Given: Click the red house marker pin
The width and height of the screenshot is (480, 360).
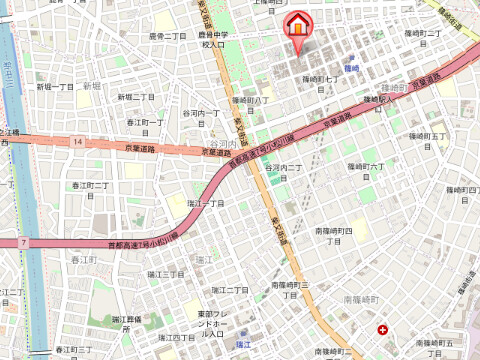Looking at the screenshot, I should pyautogui.click(x=297, y=28).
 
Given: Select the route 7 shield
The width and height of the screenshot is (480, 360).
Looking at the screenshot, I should pyautogui.click(x=21, y=241).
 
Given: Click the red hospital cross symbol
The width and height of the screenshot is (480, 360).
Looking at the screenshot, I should pyautogui.click(x=384, y=329).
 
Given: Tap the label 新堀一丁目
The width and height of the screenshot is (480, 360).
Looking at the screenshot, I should pyautogui.click(x=55, y=87).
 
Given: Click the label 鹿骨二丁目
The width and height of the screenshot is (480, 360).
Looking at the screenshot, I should pyautogui.click(x=167, y=35).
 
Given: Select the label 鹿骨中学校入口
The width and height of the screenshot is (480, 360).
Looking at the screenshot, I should pyautogui.click(x=213, y=40).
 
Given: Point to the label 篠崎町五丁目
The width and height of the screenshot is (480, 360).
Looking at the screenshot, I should pyautogui.click(x=425, y=135).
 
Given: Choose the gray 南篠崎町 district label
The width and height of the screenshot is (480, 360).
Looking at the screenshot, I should pyautogui.click(x=363, y=298).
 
